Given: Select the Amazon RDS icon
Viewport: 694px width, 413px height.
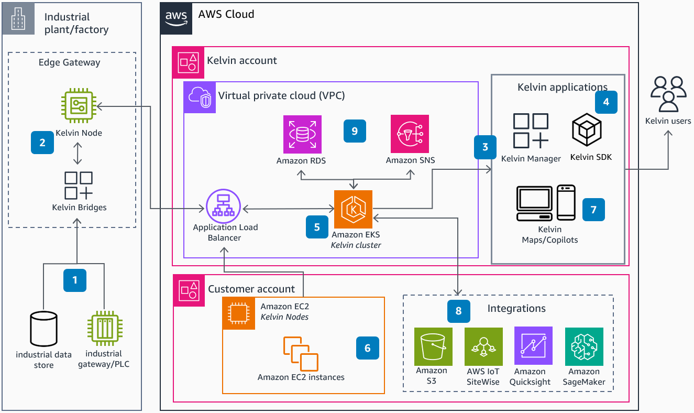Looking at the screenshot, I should [x=302, y=134].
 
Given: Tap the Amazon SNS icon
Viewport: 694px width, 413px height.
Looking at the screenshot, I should [x=410, y=134].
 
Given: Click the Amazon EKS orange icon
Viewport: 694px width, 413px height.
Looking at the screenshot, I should [x=353, y=209].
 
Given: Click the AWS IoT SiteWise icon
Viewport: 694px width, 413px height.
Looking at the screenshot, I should [x=483, y=346].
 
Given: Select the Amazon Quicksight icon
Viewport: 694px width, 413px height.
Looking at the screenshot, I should [x=533, y=345].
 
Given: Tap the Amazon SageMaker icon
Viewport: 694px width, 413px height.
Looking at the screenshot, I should [x=584, y=346].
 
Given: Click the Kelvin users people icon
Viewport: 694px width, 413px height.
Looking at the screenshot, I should [x=668, y=94].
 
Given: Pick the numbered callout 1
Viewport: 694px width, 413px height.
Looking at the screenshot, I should [x=75, y=280].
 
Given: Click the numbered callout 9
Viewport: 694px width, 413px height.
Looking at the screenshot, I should [x=355, y=131].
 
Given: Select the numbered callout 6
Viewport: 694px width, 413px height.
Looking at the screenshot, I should [x=367, y=348].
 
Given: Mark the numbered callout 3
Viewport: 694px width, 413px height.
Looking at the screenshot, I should [x=485, y=147].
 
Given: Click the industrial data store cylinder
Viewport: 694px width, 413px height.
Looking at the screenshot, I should [x=43, y=329].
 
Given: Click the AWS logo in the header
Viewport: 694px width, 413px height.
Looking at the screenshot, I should [x=176, y=17].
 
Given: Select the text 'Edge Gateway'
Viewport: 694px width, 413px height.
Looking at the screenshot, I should [x=70, y=62].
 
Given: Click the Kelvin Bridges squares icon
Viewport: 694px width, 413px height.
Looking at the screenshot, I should [x=79, y=186].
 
